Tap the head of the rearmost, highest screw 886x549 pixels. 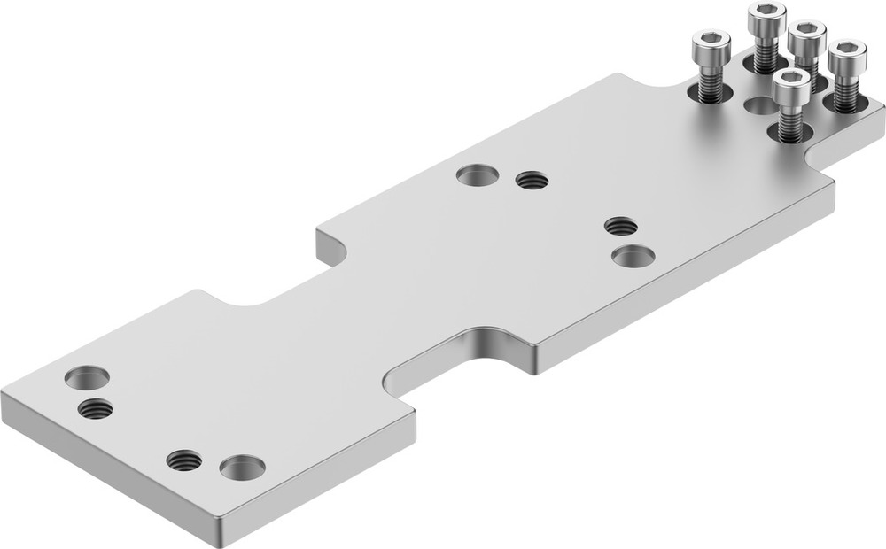click(766, 12)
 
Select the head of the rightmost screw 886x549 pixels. click(848, 51)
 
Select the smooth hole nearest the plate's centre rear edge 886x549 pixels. click(477, 174)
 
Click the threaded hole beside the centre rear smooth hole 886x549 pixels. click(532, 181)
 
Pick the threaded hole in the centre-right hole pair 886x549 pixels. click(622, 225)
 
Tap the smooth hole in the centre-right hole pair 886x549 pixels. click(633, 257)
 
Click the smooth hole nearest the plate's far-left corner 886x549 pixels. click(87, 377)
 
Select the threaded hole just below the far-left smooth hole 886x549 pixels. click(95, 409)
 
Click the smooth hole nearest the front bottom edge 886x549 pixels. click(243, 467)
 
